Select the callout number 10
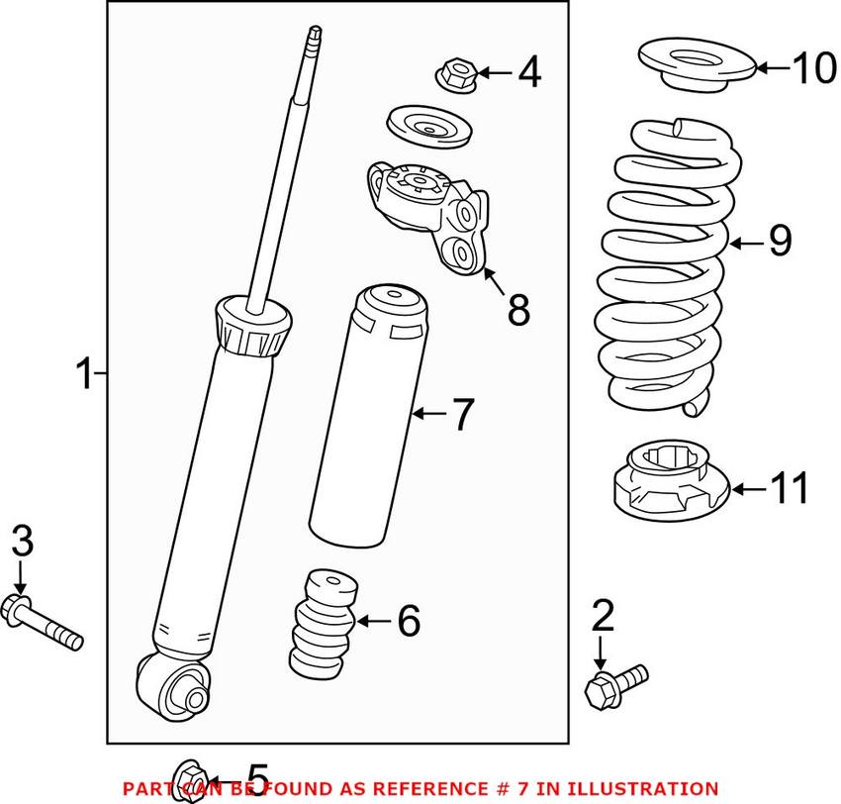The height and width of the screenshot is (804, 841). pos(813,68)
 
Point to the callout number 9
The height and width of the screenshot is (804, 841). pos(780,242)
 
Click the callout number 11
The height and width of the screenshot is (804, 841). pos(790,488)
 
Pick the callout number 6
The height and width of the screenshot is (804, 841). pos(409,621)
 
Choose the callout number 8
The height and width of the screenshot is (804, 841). pos(517,310)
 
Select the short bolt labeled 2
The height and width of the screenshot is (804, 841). pos(614,683)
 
